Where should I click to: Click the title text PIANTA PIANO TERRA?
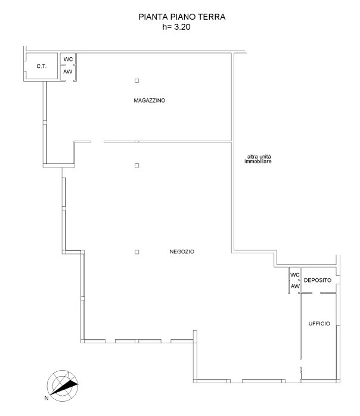pos(182,17)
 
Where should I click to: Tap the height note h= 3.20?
pos(176,27)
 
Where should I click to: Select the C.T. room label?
pos(41,66)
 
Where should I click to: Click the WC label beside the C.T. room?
pos(68,59)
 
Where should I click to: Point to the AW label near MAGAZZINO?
pos(68,72)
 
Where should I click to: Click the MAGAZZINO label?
pos(150,100)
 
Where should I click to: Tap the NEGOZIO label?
pos(182,252)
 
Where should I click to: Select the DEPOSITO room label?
pos(318,280)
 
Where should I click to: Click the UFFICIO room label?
pos(319,324)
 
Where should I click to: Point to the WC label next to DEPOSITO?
pos(295,275)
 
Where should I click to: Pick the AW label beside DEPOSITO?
pos(295,286)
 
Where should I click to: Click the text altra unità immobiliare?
pos(258,159)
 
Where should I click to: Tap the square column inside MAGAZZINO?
pos(137,80)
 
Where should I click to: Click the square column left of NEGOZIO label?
pos(137,252)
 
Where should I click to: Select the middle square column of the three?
pos(137,165)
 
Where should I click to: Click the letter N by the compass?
pos(46,398)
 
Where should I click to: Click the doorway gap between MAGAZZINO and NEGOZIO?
pos(97,141)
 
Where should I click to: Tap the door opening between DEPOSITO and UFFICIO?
pos(316,293)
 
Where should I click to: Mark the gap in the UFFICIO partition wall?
pos(300,363)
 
